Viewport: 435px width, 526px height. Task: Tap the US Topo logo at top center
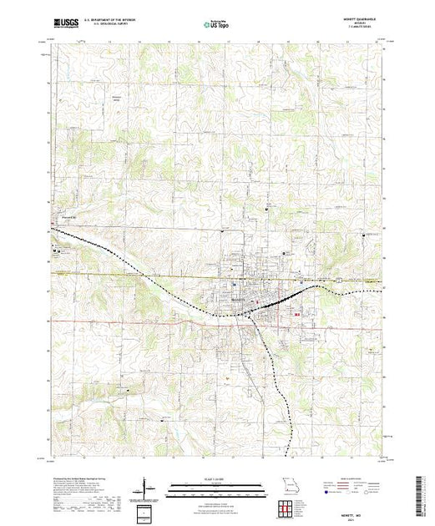click(x=217, y=25)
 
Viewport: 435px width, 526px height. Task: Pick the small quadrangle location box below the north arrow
click(x=148, y=508)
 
